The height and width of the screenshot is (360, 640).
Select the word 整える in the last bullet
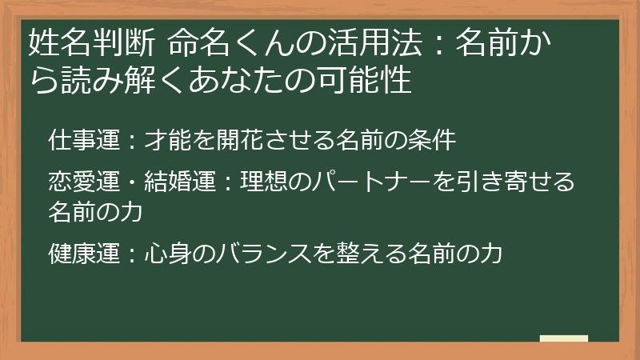pyautogui.click(x=358, y=254)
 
